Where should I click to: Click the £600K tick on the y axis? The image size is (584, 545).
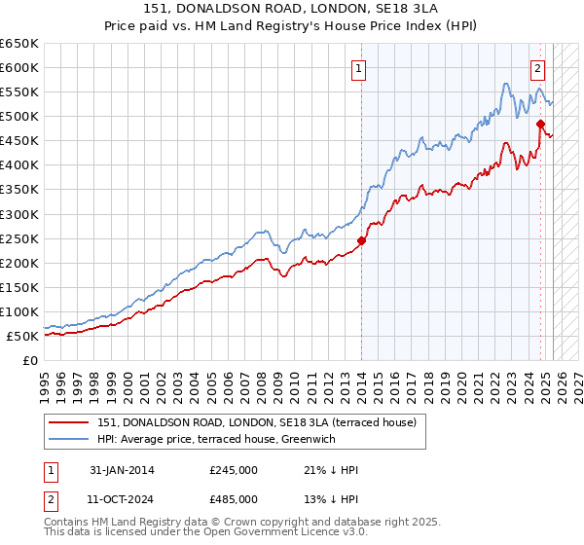[19, 68]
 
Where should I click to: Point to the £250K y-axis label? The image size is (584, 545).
[19, 238]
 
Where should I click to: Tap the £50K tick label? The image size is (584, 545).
[23, 336]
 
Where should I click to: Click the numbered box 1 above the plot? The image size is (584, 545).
[360, 69]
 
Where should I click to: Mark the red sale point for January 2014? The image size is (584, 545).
[361, 240]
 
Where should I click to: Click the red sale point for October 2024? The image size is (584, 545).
[540, 124]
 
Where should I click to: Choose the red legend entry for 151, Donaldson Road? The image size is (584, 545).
[257, 421]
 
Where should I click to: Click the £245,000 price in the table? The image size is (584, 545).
[233, 470]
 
